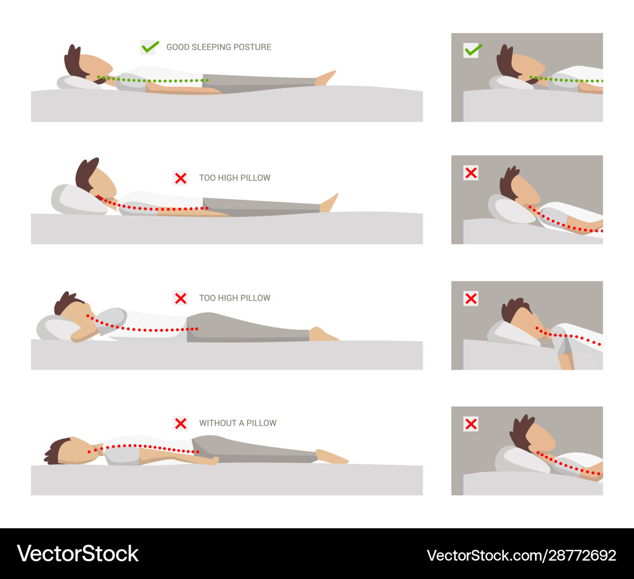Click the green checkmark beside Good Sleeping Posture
[x=150, y=47]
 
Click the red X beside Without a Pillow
[x=181, y=424]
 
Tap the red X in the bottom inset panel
[x=471, y=424]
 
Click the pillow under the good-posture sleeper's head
[x=79, y=83]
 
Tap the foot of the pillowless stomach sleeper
[x=332, y=456]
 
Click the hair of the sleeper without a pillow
[x=56, y=450]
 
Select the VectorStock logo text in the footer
[x=77, y=554]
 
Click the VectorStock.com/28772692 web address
[x=522, y=555]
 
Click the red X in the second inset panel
[x=471, y=173]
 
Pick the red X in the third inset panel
[x=471, y=299]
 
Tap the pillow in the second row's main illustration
[x=77, y=200]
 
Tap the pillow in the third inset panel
[x=513, y=334]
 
